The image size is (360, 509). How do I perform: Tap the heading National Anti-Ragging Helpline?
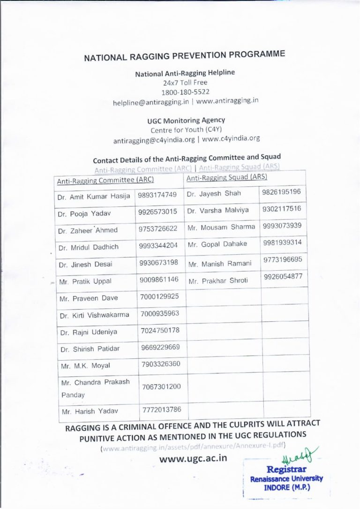pyautogui.click(x=185, y=73)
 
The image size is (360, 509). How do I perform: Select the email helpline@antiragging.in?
pyautogui.click(x=150, y=101)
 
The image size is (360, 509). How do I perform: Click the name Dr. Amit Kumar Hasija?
pyautogui.click(x=94, y=197)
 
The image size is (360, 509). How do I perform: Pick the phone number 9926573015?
pyautogui.click(x=158, y=212)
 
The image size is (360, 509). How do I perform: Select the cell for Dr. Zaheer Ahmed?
pyautogui.click(x=88, y=230)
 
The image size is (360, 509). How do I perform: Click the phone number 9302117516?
pyautogui.click(x=282, y=209)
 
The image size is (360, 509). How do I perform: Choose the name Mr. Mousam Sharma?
pyautogui.click(x=221, y=227)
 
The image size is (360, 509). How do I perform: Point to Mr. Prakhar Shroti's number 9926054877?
pyautogui.click(x=283, y=276)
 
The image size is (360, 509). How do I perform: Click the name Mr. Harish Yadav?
pyautogui.click(x=89, y=411)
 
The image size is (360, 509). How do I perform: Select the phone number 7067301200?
pyautogui.click(x=161, y=387)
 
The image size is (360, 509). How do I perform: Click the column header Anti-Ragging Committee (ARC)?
pyautogui.click(x=105, y=180)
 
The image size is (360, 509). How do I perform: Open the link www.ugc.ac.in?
pyautogui.click(x=194, y=457)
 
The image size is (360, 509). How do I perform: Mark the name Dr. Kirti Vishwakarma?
pyautogui.click(x=94, y=315)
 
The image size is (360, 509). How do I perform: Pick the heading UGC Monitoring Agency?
pyautogui.click(x=186, y=121)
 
